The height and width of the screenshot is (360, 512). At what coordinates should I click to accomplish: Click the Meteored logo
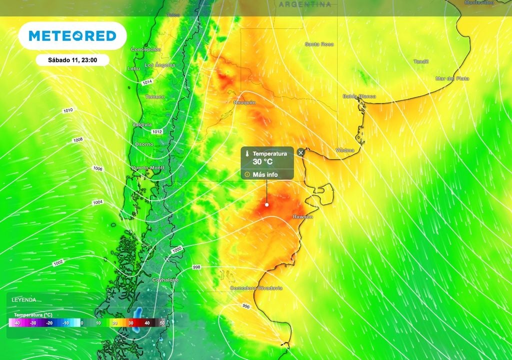(x=72, y=35)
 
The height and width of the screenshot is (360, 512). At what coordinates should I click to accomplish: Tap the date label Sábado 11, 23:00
(x=72, y=60)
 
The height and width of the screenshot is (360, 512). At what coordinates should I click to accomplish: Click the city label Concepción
(x=145, y=49)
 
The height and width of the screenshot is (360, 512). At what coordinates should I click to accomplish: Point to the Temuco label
(x=154, y=96)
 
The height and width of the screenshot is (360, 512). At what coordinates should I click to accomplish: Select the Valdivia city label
(x=142, y=124)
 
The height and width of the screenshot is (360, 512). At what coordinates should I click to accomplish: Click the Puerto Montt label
(x=147, y=168)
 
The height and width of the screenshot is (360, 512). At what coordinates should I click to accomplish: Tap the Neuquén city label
(x=244, y=102)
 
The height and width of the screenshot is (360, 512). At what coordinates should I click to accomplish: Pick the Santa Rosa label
(x=319, y=44)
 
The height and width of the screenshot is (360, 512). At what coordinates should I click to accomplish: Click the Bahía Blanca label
(x=359, y=96)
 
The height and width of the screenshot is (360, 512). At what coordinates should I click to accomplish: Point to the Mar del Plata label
(x=451, y=78)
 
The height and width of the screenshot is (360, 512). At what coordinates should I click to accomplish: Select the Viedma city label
(x=345, y=150)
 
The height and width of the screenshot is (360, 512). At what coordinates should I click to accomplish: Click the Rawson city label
(x=303, y=217)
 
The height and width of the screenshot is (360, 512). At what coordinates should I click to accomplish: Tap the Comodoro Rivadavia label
(x=256, y=288)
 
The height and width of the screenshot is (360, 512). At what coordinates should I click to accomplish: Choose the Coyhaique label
(x=165, y=280)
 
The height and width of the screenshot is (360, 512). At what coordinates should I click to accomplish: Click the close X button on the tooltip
(x=300, y=152)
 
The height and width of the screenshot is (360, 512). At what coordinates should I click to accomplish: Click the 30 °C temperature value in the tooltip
(x=262, y=161)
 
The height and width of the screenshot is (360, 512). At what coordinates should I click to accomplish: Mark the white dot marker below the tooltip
(x=266, y=204)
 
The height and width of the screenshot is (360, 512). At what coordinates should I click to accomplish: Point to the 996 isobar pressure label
(x=246, y=306)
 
